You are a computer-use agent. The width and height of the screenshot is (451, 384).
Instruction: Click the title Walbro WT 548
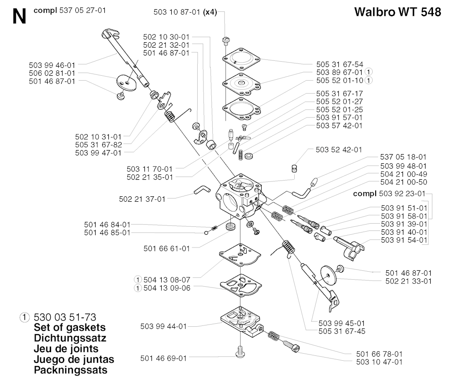click(x=397, y=12)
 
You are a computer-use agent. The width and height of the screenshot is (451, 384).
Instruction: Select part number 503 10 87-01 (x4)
click(x=185, y=13)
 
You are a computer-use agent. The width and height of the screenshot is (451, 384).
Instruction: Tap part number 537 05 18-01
click(x=403, y=157)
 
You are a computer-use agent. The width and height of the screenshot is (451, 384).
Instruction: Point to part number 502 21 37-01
click(x=142, y=199)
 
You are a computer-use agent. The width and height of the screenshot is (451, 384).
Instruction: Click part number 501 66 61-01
click(x=166, y=248)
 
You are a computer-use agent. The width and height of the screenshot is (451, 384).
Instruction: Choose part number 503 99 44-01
click(x=163, y=326)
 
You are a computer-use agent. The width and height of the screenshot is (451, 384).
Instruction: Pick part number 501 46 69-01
click(x=163, y=358)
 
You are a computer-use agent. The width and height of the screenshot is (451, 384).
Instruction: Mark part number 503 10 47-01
click(x=379, y=362)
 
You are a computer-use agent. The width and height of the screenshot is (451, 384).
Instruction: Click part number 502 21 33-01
click(x=408, y=281)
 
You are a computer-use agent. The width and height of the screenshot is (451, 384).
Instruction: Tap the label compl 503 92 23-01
click(x=390, y=193)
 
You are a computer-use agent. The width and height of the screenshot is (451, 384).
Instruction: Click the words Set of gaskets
click(x=70, y=328)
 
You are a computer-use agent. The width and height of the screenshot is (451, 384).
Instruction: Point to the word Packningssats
click(x=70, y=370)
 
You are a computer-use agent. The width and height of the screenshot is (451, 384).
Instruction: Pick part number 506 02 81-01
click(x=52, y=73)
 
